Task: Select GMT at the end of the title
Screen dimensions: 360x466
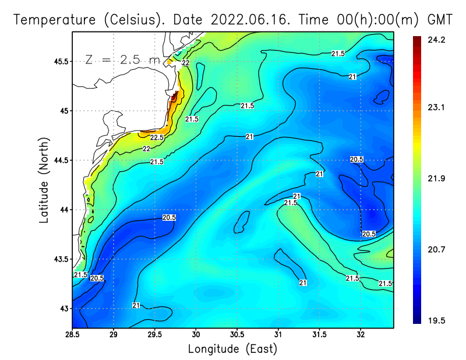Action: (440, 20)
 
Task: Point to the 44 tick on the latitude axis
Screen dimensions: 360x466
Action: (63, 210)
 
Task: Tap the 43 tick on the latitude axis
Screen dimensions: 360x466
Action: (63, 309)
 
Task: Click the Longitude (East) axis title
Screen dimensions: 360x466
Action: (232, 350)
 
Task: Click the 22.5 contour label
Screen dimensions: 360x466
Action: (157, 138)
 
